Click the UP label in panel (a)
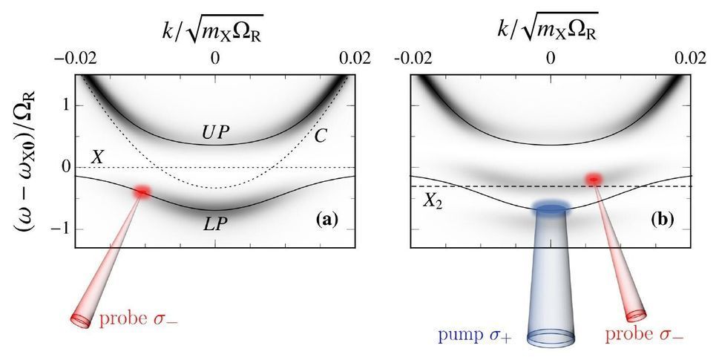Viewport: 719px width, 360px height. click(215, 131)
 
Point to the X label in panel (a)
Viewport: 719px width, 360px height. click(96, 157)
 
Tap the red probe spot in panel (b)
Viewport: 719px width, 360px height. click(594, 179)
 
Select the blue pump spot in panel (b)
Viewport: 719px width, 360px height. click(549, 210)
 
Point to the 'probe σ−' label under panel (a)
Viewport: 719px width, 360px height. click(139, 321)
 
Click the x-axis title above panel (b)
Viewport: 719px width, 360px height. click(551, 24)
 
